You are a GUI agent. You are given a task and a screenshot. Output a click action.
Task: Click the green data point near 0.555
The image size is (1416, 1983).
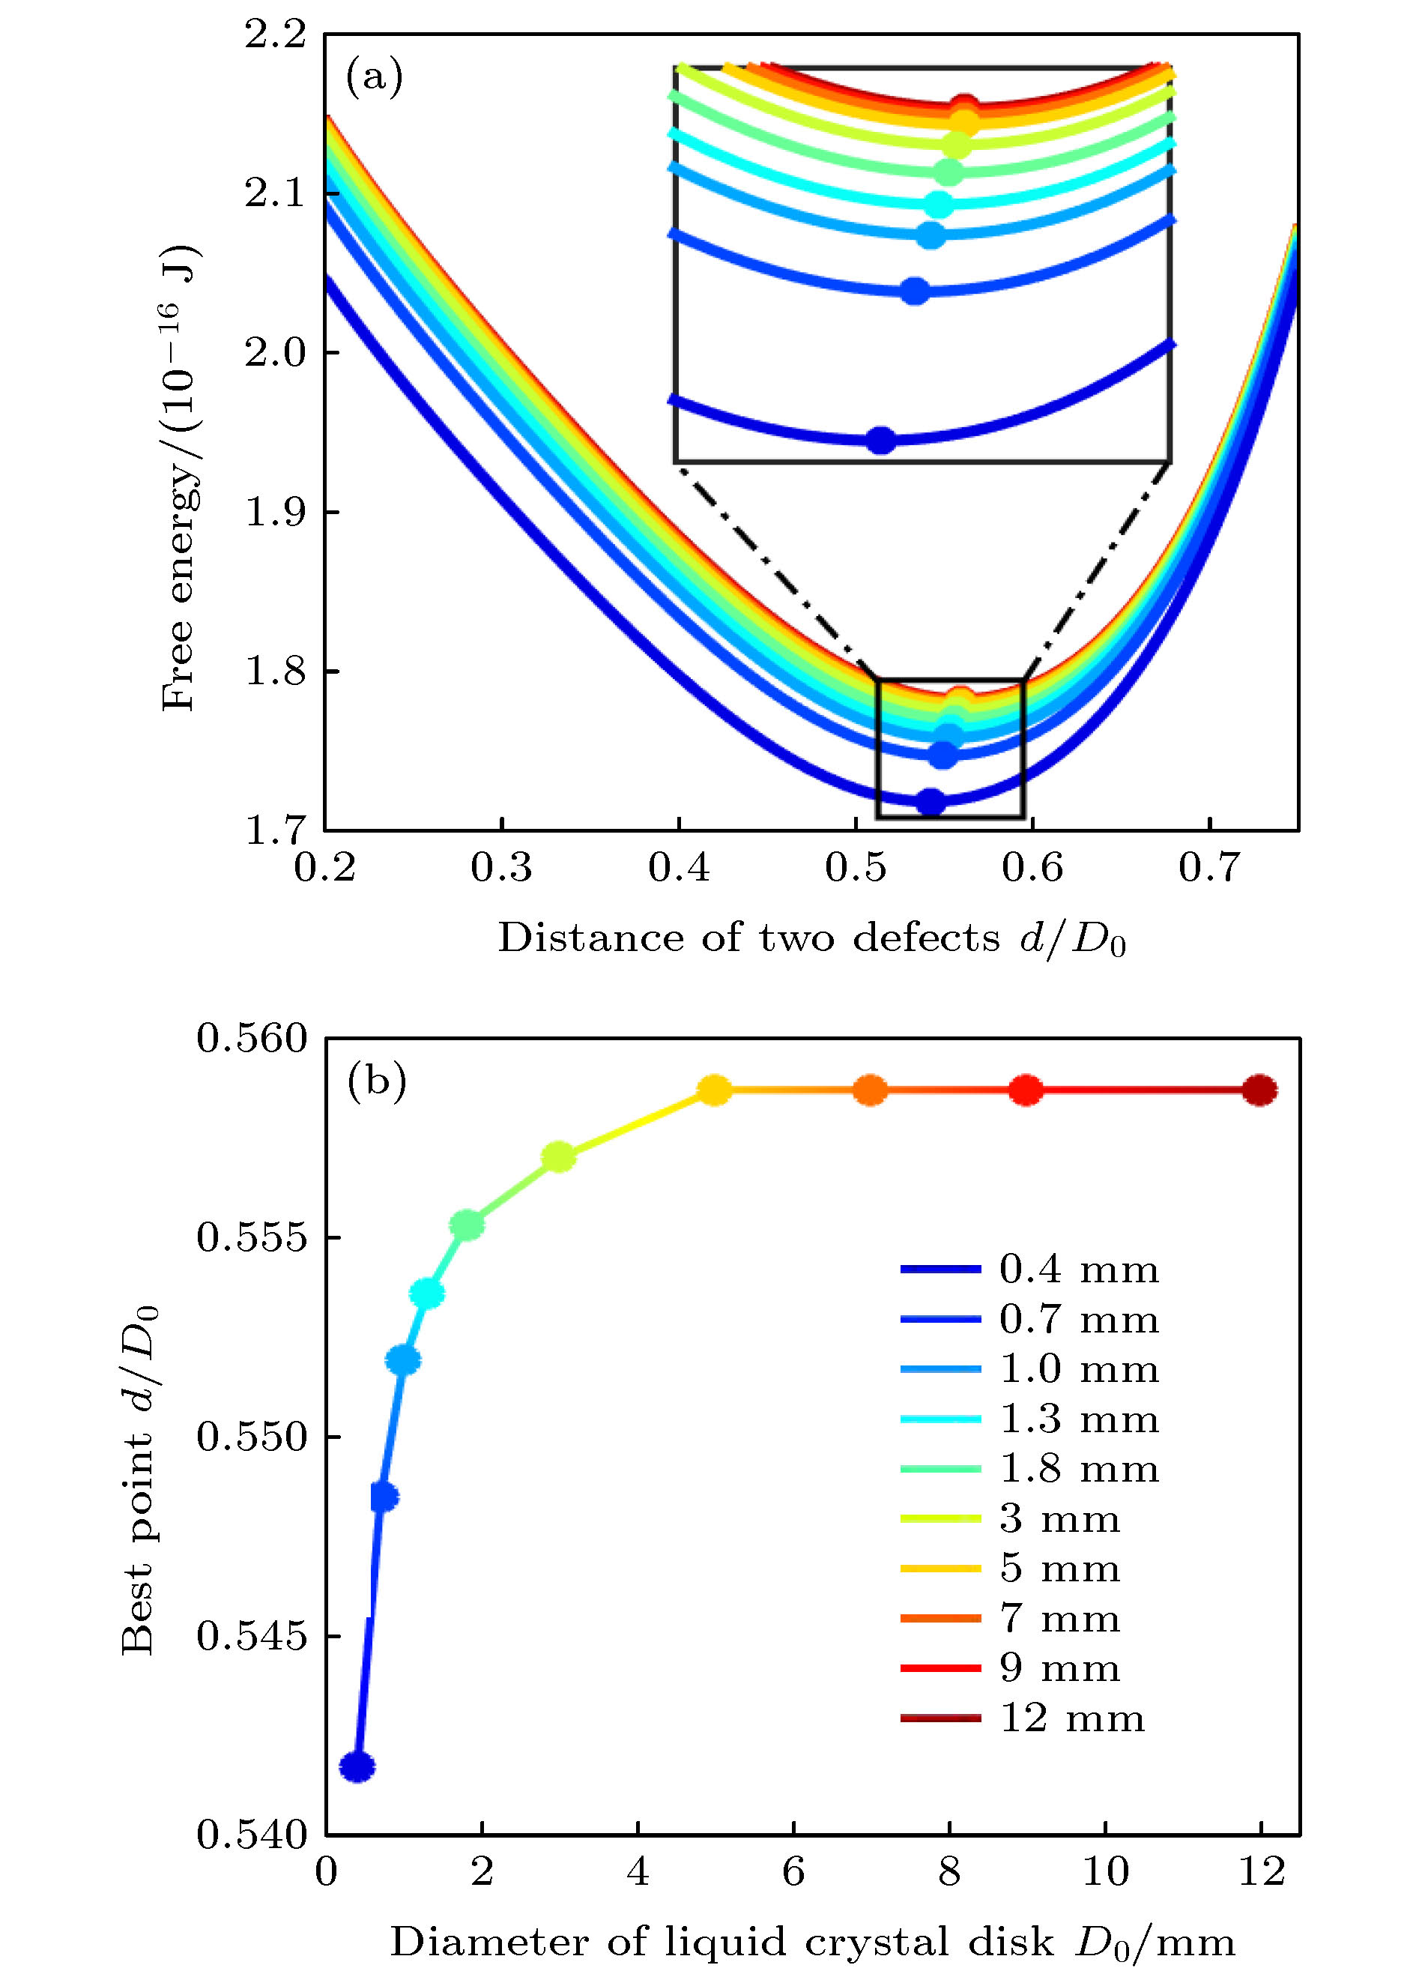coord(467,1225)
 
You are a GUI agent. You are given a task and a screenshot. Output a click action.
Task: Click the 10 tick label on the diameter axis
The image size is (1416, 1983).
coord(1105,1871)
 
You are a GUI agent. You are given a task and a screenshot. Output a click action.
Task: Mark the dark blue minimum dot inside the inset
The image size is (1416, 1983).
coord(882,441)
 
